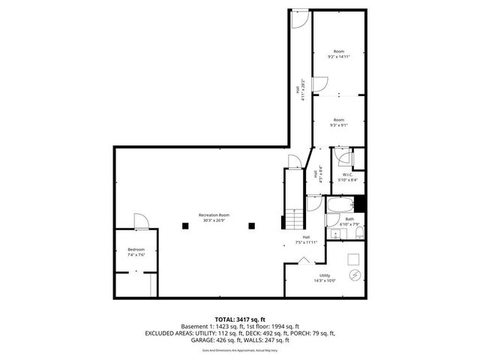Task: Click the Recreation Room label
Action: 214,217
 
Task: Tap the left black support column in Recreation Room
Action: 184,224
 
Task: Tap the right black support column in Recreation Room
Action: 252,224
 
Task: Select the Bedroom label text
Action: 136,252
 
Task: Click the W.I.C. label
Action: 347,177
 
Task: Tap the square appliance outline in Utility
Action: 352,258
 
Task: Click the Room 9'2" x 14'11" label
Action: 339,54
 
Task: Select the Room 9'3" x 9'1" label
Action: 339,122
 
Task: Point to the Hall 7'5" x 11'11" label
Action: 306,239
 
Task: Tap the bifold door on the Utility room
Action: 304,260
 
